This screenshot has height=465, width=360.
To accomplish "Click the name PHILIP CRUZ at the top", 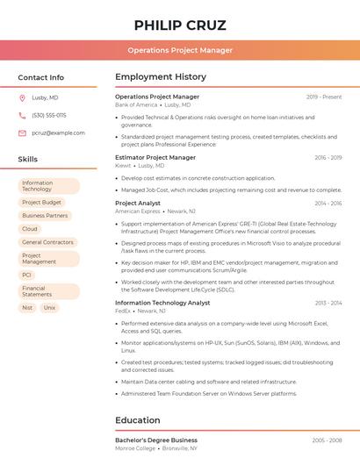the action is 180,25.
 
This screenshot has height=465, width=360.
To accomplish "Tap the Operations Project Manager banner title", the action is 180,50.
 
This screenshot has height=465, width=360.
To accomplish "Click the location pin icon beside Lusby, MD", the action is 22,97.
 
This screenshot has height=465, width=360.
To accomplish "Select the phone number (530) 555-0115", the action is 48,115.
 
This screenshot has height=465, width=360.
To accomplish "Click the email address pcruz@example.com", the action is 58,132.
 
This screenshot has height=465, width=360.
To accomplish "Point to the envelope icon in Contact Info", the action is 22,132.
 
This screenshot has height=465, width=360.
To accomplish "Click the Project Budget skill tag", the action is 41,203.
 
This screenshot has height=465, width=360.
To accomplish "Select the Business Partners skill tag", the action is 45,216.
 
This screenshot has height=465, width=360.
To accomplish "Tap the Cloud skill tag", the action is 30,229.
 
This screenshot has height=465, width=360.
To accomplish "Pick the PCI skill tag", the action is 26,275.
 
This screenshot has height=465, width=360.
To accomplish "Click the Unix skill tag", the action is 49,308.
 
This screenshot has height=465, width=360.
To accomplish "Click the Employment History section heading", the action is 161,77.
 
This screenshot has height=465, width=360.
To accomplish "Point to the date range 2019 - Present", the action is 324,97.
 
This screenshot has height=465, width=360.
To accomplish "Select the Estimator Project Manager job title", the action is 155,157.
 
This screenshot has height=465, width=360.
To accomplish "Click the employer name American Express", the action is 138,211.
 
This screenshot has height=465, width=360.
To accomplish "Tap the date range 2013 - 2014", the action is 328,303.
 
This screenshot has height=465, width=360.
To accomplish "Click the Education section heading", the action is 138,420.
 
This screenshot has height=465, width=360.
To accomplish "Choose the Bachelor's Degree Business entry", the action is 156,440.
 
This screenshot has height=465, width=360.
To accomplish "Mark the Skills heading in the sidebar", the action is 28,159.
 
